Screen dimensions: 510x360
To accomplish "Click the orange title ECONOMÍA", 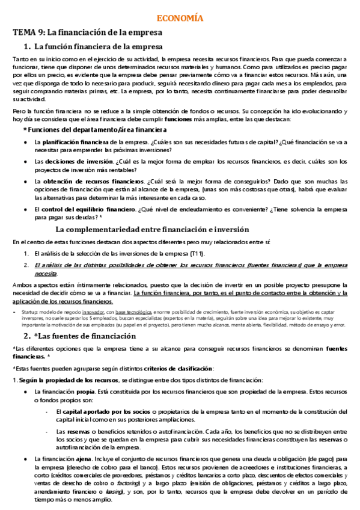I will pyautogui.click(x=180, y=19).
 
